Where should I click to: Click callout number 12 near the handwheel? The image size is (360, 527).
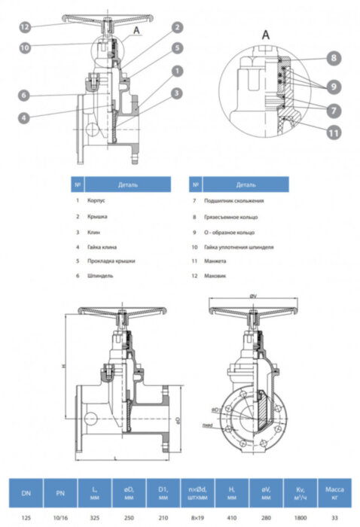[25, 26]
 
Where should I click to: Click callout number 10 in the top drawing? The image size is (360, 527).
[25, 47]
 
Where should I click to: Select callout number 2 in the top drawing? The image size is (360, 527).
[175, 27]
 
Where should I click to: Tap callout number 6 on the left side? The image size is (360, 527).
[25, 95]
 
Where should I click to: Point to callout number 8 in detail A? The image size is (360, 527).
[334, 57]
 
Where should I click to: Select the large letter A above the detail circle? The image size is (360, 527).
[265, 34]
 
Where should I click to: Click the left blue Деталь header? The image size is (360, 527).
[127, 184]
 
